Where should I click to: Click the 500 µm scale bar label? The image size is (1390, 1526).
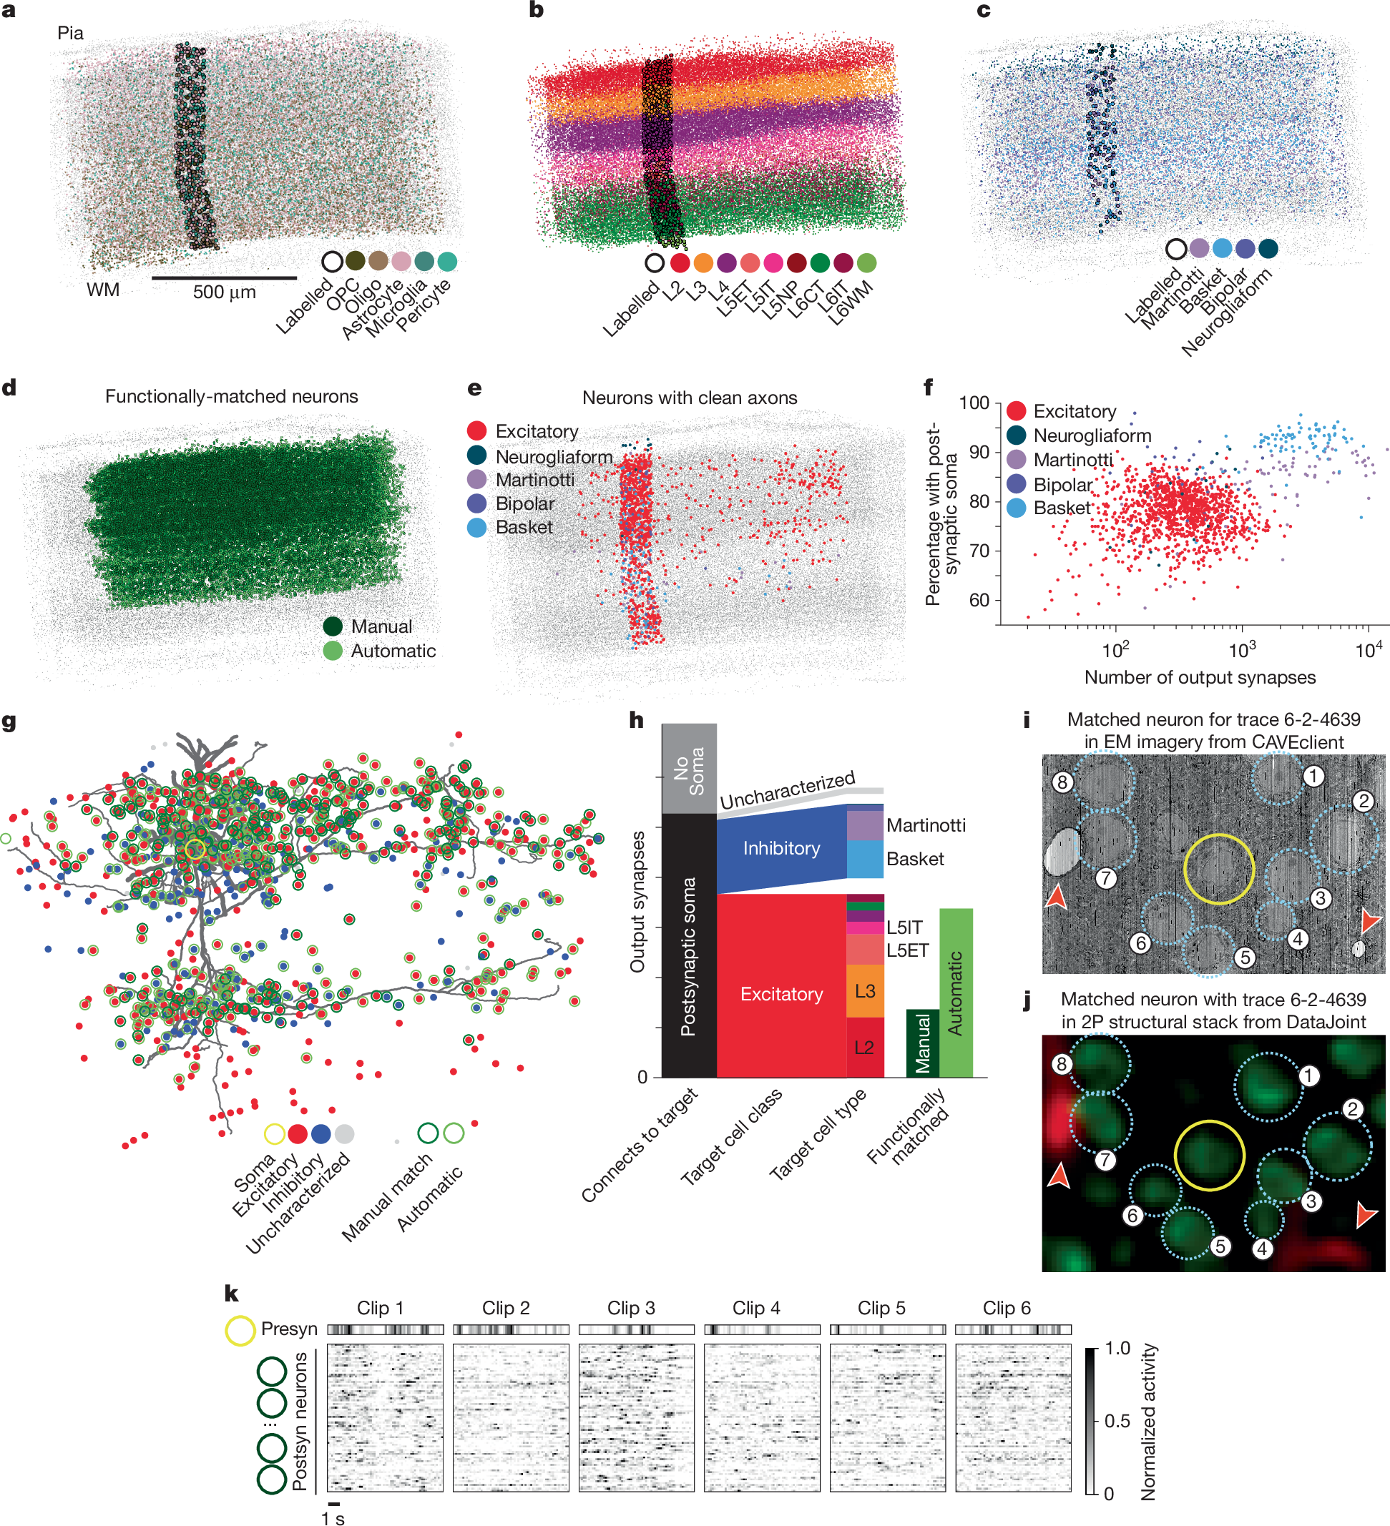click(x=224, y=292)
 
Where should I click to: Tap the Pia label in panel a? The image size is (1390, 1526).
click(x=70, y=33)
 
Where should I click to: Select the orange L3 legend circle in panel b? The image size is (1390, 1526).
click(x=703, y=262)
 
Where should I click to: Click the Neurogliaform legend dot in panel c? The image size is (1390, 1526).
click(x=1268, y=248)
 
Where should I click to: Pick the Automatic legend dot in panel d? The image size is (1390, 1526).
click(x=333, y=651)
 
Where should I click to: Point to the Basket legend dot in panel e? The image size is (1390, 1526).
click(x=477, y=528)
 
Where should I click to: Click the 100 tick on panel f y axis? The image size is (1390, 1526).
click(x=974, y=403)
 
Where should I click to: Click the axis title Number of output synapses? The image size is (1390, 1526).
click(x=1200, y=677)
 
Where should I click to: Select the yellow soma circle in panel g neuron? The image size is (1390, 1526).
click(x=195, y=850)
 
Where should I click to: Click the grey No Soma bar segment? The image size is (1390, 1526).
click(x=689, y=768)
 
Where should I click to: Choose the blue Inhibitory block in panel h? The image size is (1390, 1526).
click(x=780, y=849)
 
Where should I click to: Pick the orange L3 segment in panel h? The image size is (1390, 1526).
click(x=865, y=991)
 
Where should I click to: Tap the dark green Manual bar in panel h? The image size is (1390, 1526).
click(x=922, y=1043)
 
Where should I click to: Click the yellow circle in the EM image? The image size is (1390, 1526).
click(x=1218, y=869)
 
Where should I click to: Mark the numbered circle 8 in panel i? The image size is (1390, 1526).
click(x=1062, y=782)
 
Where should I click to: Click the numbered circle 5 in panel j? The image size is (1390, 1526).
click(x=1220, y=1246)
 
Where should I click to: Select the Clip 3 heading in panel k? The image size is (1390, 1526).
click(x=631, y=1308)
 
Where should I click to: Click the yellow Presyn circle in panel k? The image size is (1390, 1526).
click(x=240, y=1330)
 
